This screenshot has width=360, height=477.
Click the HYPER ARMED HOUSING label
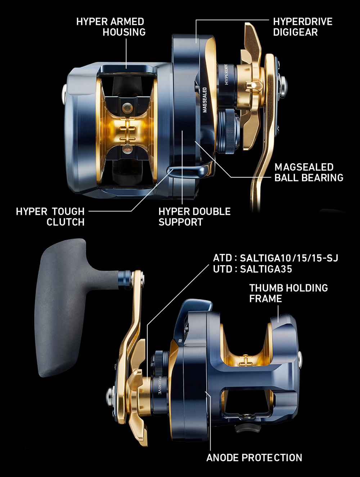click(x=111, y=27)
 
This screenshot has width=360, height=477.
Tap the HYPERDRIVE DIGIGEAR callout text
click(x=303, y=27)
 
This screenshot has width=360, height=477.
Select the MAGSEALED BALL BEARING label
click(x=309, y=172)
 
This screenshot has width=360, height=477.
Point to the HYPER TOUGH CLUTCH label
click(x=50, y=217)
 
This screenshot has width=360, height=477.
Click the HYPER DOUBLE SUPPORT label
click(x=194, y=217)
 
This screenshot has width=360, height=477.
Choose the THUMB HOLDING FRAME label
click(x=288, y=293)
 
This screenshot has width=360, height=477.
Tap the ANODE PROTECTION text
click(x=254, y=458)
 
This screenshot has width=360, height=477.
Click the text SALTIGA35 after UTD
click(x=266, y=269)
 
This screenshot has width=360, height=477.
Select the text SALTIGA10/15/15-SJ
click(x=289, y=258)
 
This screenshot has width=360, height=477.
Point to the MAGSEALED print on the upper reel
click(x=205, y=100)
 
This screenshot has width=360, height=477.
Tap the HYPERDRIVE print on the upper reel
click(x=226, y=75)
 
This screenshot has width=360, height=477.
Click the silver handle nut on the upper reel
click(x=282, y=84)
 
